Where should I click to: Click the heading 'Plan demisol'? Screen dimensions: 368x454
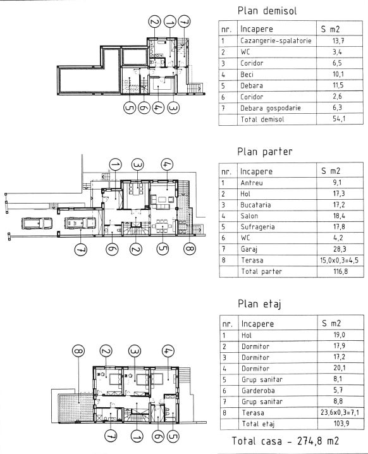pyautogui.click(x=267, y=11)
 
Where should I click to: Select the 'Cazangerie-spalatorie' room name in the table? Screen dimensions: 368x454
pyautogui.click(x=276, y=40)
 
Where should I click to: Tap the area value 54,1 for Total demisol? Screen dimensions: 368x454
pyautogui.click(x=339, y=119)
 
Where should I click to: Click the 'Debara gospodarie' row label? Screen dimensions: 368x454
pyautogui.click(x=271, y=108)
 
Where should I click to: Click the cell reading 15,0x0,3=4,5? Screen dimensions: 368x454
pyautogui.click(x=339, y=261)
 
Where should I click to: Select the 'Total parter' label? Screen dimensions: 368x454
pyautogui.click(x=261, y=272)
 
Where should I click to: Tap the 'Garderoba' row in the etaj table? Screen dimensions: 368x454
pyautogui.click(x=258, y=391)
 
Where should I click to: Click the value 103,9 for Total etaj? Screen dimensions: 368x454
pyautogui.click(x=341, y=424)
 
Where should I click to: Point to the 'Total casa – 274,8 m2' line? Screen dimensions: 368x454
pyautogui.click(x=285, y=441)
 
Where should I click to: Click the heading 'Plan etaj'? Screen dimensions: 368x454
pyautogui.click(x=259, y=304)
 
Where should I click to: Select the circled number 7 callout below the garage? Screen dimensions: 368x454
pyautogui.click(x=80, y=250)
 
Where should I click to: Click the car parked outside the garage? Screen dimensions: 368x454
pyautogui.click(x=37, y=224)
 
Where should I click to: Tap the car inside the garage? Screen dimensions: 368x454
pyautogui.click(x=80, y=223)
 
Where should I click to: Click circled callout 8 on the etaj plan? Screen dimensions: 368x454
pyautogui.click(x=78, y=351)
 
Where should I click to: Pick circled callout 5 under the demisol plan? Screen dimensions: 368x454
pyautogui.click(x=130, y=107)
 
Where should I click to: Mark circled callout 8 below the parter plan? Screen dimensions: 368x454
pyautogui.click(x=190, y=248)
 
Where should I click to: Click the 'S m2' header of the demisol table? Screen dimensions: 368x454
pyautogui.click(x=330, y=29)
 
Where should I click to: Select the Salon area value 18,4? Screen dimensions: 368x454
pyautogui.click(x=339, y=216)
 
